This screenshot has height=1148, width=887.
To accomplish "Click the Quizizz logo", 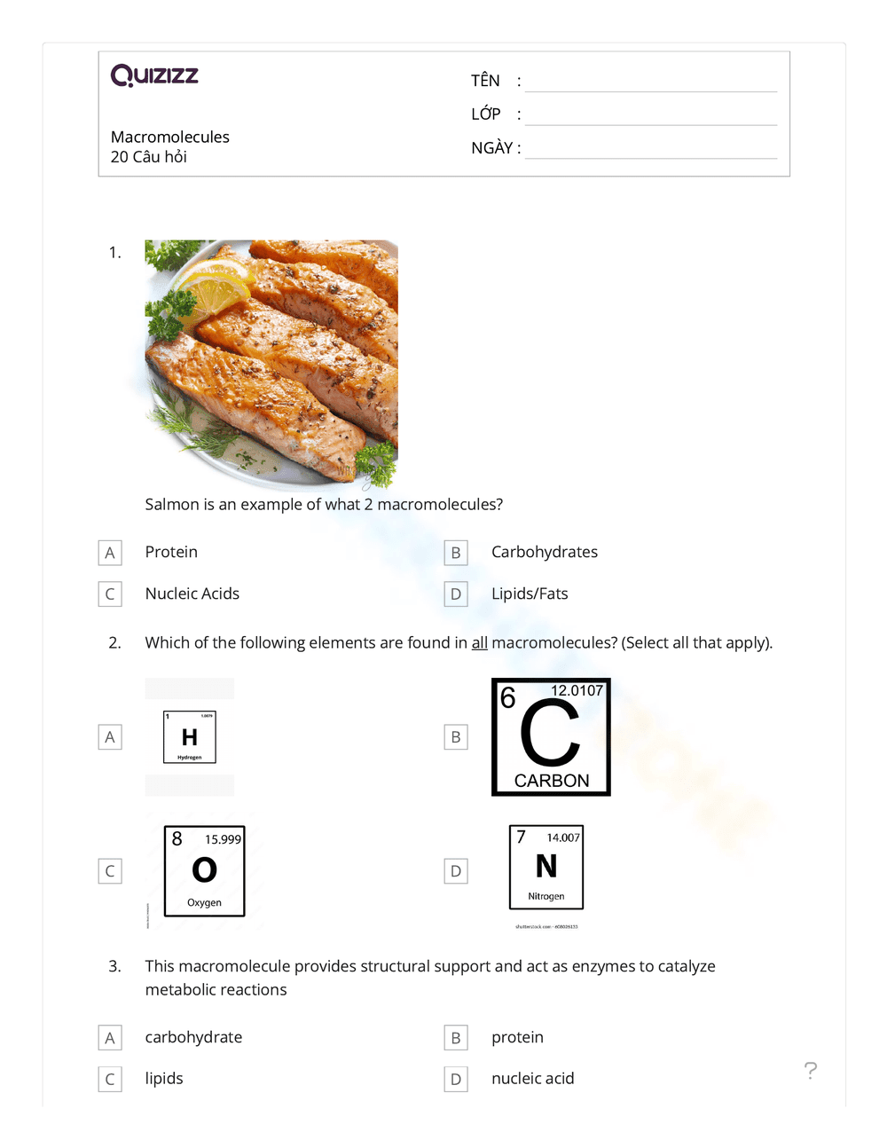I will coord(154,75).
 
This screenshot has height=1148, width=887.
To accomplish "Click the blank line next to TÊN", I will coord(650,83).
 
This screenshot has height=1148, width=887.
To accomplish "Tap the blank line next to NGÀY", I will coord(650,149).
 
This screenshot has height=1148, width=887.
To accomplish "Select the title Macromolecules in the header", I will coord(169,137).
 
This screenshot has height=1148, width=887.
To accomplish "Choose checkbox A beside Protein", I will coord(110,553).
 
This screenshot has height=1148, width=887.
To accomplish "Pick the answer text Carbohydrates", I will coord(544,552).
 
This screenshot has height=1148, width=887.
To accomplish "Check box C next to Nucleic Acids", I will coord(110,594).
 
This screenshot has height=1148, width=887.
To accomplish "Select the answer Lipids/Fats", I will coord(530,594).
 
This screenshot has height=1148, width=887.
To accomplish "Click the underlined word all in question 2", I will coord(479,643).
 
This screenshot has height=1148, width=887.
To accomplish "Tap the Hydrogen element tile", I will coord(189,736).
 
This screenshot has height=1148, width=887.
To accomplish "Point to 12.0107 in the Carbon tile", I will coord(577,690).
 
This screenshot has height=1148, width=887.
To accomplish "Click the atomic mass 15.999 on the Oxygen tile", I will coord(223,839).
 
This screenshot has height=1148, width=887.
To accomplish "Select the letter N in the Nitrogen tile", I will coord(546,866).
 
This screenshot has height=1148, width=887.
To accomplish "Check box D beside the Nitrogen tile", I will coord(456,871).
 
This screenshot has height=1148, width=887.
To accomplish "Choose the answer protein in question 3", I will coord(517,1037).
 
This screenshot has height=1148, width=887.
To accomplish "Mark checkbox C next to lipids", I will coord(110,1079).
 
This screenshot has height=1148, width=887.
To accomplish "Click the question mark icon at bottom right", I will coord(810,1070).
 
